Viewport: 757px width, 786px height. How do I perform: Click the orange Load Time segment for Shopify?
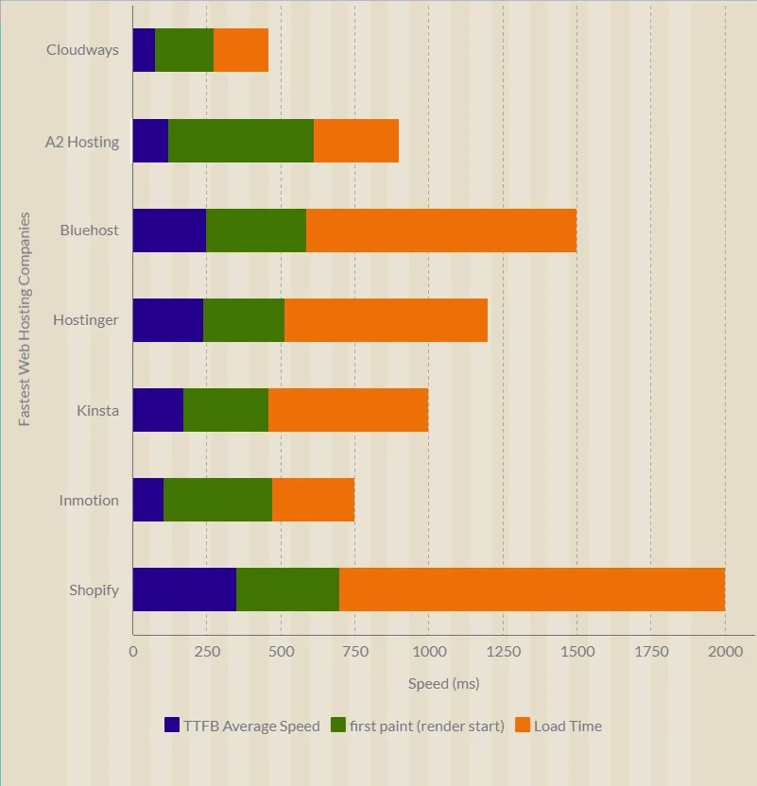532,589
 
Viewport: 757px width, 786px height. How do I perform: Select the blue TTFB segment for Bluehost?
169,230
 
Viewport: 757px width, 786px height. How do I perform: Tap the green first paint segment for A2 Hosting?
241,141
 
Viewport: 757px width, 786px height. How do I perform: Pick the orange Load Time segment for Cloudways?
241,50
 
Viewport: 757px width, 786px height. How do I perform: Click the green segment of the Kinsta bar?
226,410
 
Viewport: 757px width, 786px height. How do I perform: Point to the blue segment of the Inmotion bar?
148,500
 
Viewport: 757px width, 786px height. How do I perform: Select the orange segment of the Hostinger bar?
386,319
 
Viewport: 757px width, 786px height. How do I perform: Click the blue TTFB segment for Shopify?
184,589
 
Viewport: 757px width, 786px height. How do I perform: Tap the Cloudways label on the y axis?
82,50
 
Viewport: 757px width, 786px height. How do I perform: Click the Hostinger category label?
86,319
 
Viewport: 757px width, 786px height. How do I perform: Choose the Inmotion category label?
89,500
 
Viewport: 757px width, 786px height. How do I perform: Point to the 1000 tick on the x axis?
428,651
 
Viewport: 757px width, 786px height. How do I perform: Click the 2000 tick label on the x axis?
725,651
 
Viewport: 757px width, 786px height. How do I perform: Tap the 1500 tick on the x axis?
576,651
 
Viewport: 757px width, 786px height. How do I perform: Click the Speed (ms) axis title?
443,683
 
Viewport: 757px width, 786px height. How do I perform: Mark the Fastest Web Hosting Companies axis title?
26,319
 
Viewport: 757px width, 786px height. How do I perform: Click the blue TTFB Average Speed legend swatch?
172,726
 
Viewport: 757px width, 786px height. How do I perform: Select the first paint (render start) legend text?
426,726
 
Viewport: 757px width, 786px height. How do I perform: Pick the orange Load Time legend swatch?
522,726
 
